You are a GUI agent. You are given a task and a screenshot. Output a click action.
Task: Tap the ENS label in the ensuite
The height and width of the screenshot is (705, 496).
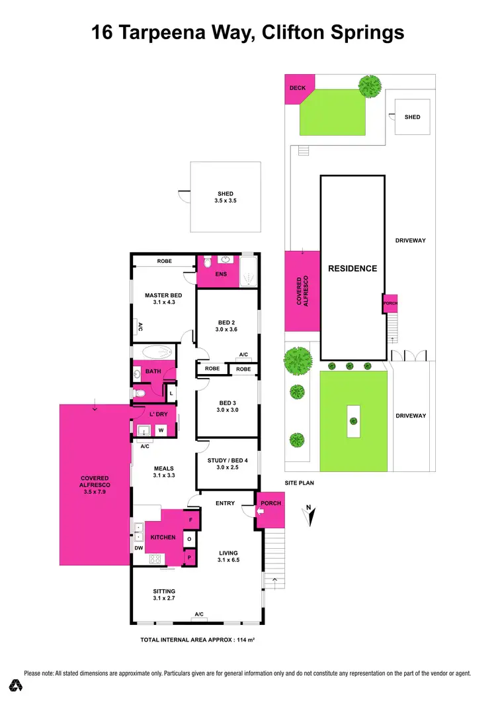click(221, 274)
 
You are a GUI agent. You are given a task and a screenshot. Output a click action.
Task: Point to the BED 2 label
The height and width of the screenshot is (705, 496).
click(226, 325)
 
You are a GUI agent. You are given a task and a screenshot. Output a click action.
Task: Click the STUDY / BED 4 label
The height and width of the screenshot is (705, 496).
click(226, 465)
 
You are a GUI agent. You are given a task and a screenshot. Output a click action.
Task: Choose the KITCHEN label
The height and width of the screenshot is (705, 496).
click(163, 537)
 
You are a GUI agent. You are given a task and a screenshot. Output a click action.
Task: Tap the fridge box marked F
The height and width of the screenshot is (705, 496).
click(190, 520)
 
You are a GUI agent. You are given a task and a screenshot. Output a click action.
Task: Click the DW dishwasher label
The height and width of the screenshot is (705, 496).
click(138, 548)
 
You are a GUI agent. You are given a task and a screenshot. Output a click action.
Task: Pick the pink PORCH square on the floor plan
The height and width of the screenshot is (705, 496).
click(270, 510)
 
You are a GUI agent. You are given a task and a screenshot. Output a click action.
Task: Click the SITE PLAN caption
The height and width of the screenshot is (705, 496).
click(299, 483)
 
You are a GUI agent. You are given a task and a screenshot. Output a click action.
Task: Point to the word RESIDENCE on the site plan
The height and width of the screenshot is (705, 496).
click(352, 268)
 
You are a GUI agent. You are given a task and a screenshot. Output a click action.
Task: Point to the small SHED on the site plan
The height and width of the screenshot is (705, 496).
click(412, 117)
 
